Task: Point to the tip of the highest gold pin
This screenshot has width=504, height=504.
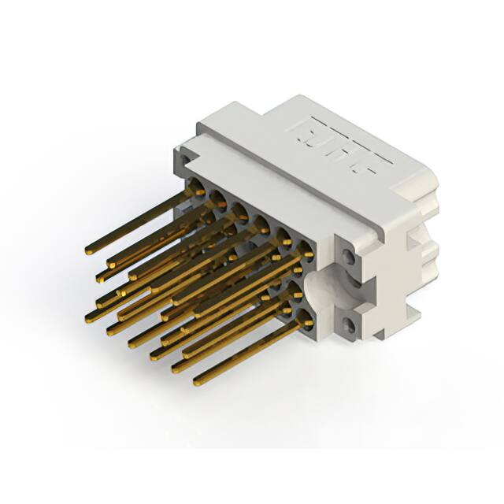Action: pos(88,251)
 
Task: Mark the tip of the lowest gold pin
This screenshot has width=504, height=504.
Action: pos(197,384)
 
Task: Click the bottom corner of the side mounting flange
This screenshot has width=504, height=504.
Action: pos(380,337)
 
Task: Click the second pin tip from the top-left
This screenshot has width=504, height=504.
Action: pos(101,276)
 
